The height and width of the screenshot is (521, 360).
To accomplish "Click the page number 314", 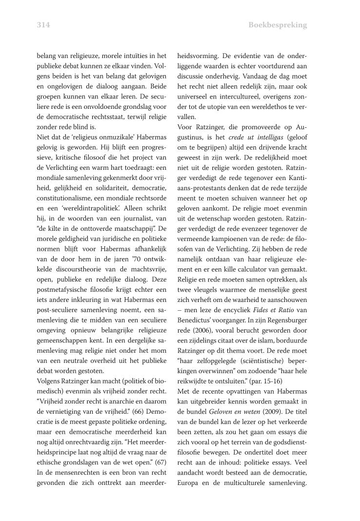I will pos(43,25).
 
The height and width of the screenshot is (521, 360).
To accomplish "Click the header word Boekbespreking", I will pos(278,25).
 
